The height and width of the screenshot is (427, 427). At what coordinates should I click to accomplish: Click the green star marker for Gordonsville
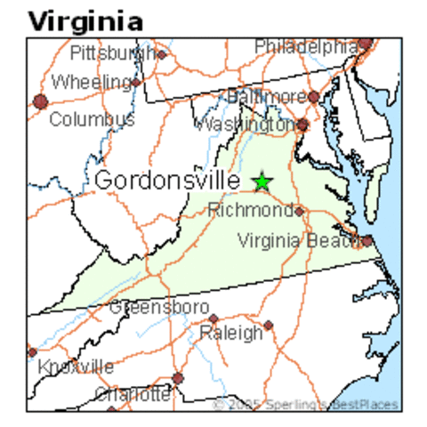point(262,181)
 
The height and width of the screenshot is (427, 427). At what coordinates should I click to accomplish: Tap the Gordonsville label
point(166,180)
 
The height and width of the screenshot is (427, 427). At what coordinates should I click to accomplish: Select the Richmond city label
point(250,211)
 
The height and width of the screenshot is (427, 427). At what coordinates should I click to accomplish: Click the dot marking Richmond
point(299,211)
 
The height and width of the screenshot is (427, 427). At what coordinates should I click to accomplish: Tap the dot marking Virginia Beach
point(367,239)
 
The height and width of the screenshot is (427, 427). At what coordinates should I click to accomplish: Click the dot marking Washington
point(302,125)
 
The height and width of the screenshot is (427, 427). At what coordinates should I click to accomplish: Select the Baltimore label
point(266,95)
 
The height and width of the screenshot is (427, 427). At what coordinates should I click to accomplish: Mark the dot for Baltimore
point(313,96)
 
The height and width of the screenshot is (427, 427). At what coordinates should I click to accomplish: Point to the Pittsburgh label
point(114,52)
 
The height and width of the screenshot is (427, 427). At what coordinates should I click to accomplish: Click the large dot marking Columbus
point(40,101)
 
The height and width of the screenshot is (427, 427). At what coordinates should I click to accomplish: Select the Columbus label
point(92,118)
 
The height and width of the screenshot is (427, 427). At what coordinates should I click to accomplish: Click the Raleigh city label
point(230,333)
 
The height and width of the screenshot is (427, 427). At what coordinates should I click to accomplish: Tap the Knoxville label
point(77,366)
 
